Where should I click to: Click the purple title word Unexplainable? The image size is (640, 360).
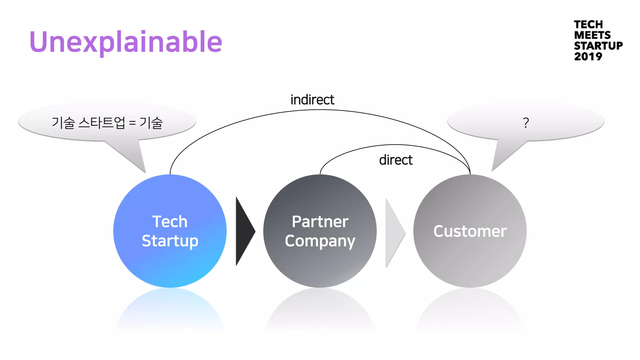tap(126, 42)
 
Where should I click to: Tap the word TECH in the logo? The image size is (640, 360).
tap(588, 24)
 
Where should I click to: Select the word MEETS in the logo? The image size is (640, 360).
tap(592, 35)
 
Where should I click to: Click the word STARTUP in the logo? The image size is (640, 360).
tap(598, 46)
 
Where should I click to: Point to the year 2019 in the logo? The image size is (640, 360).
tap(588, 57)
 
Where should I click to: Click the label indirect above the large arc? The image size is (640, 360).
tap(312, 100)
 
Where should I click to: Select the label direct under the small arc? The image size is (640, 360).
tap(396, 160)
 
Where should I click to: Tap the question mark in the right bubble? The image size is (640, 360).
tap(526, 122)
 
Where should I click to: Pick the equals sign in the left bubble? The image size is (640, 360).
tap(132, 123)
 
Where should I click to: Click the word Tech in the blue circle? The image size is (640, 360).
tap(170, 222)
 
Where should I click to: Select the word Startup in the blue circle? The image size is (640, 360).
tap(170, 241)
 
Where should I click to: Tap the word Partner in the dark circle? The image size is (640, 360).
tap(320, 222)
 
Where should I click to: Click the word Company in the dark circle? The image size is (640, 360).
tap(320, 241)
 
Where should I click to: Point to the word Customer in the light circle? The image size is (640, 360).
tap(470, 231)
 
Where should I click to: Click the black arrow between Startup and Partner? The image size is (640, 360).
tap(244, 231)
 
